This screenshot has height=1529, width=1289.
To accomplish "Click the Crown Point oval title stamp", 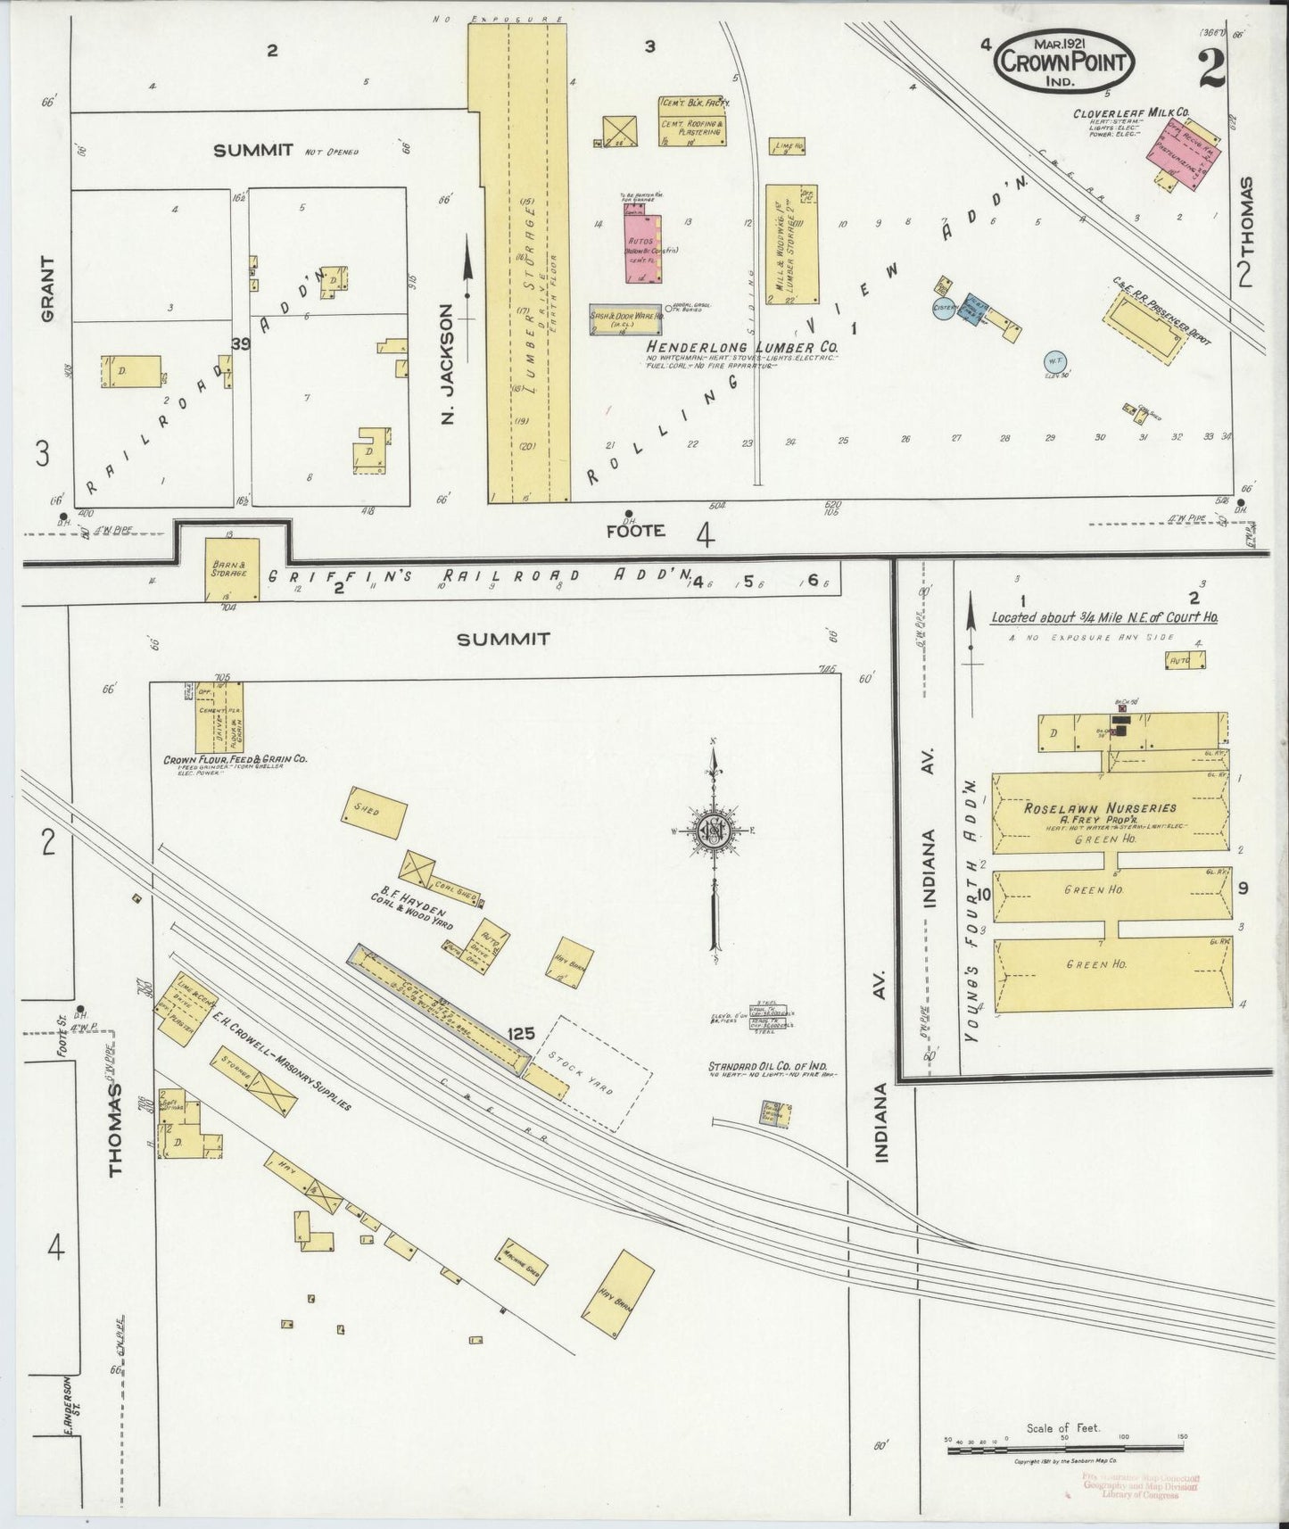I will point(1064,62).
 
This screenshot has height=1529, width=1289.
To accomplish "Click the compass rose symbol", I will point(714,829).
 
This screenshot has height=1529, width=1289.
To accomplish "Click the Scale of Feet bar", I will point(1064,1450).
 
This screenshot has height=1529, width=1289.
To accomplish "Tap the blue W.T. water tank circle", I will point(1055,361).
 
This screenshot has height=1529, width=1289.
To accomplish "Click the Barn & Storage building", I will point(232,568).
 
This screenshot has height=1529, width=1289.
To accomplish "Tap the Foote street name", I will point(635,530).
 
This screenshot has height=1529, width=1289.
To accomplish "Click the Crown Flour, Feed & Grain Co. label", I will point(235,759).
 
